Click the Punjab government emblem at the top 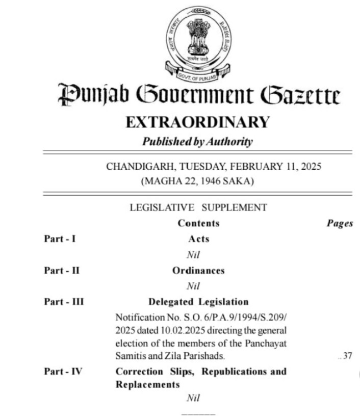pyautogui.click(x=197, y=42)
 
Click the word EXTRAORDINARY pyautogui.click(x=197, y=122)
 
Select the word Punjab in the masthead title pyautogui.click(x=89, y=96)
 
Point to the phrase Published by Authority pyautogui.click(x=197, y=142)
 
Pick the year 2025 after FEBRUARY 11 pyautogui.click(x=311, y=167)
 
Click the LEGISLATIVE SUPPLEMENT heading pyautogui.click(x=198, y=207)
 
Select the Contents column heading pyautogui.click(x=198, y=223)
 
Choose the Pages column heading pyautogui.click(x=339, y=224)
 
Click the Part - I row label pyautogui.click(x=60, y=239)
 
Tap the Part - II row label pyautogui.click(x=61, y=271)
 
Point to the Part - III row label pyautogui.click(x=63, y=302)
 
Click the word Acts pyautogui.click(x=198, y=239)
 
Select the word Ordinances pyautogui.click(x=198, y=271)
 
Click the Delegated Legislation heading pyautogui.click(x=198, y=302)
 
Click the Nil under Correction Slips pyautogui.click(x=192, y=398)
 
